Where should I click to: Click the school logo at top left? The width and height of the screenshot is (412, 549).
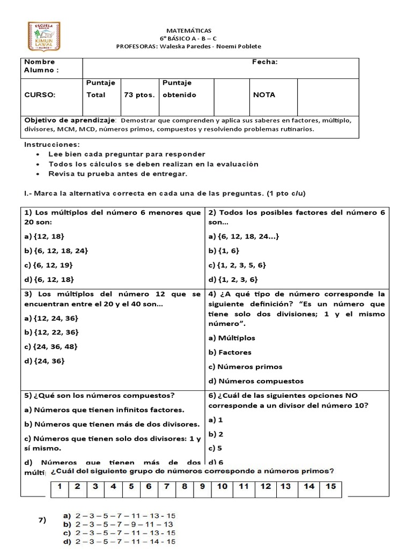pyautogui.click(x=44, y=36)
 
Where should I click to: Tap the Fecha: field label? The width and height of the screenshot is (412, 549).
pyautogui.click(x=265, y=62)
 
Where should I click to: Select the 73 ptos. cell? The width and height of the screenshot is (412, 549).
pyautogui.click(x=139, y=95)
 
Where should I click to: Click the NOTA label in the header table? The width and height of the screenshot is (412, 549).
pyautogui.click(x=264, y=95)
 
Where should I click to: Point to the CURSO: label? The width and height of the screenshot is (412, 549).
pyautogui.click(x=40, y=95)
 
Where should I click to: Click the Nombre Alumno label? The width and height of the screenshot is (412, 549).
pyautogui.click(x=41, y=66)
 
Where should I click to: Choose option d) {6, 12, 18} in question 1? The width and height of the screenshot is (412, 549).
pyautogui.click(x=49, y=279)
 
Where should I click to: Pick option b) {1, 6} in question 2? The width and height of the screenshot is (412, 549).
pyautogui.click(x=224, y=250)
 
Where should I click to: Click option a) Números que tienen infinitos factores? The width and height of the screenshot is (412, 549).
pyautogui.click(x=104, y=410)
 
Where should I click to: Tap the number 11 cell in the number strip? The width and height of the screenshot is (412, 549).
pyautogui.click(x=244, y=487)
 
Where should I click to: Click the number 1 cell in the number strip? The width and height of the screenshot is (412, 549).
pyautogui.click(x=61, y=487)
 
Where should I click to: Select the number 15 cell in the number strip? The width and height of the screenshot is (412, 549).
pyautogui.click(x=330, y=487)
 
